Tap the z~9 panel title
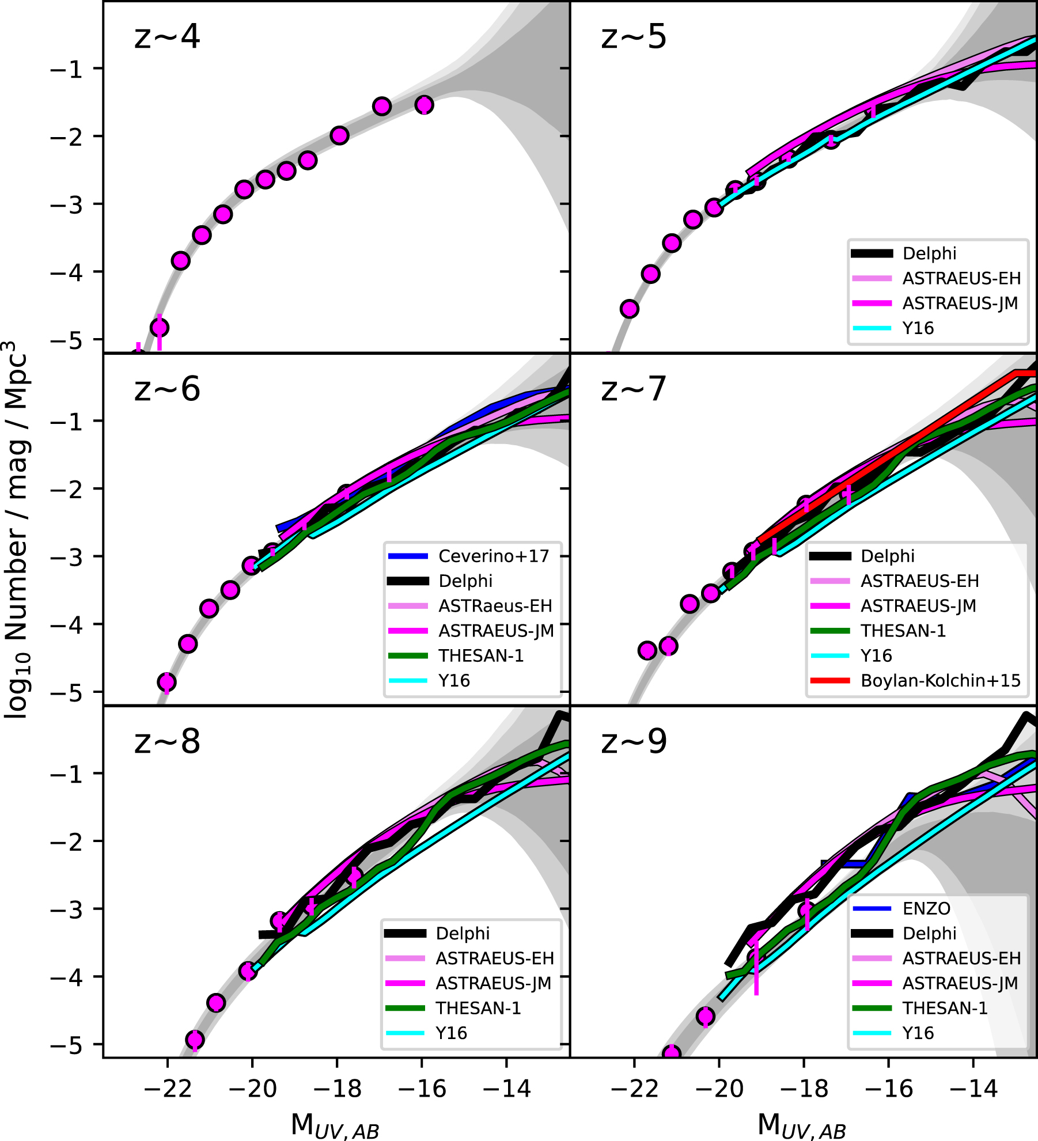pos(634,741)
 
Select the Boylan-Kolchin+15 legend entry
pos(940,681)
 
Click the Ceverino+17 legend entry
pos(494,556)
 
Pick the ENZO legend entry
pos(926,908)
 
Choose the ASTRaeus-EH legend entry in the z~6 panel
pos(495,606)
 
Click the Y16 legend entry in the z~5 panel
pos(918,328)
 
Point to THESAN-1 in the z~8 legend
pos(478,1008)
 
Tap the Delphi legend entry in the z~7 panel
pos(887,556)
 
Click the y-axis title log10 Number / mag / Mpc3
pos(17,530)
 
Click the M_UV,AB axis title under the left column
pos(335,1125)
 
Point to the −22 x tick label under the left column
pos(167,1089)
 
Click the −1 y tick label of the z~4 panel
pos(67,69)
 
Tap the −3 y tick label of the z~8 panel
pos(67,909)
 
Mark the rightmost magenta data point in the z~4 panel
pos(424,105)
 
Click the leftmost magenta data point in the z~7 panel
pos(647,650)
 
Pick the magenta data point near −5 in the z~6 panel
pos(166,682)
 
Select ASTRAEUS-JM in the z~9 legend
pos(960,983)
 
